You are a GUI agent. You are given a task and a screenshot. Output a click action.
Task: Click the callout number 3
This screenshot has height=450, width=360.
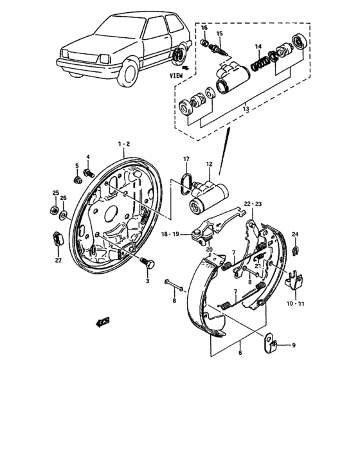[147, 282]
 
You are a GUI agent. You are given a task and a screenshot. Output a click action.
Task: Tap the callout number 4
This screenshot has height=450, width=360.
[89, 157]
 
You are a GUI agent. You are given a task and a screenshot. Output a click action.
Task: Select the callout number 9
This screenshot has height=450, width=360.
[294, 346]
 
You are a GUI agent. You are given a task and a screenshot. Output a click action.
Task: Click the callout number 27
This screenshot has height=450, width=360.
[58, 260]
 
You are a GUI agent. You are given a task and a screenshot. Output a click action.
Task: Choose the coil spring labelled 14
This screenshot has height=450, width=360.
[261, 63]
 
